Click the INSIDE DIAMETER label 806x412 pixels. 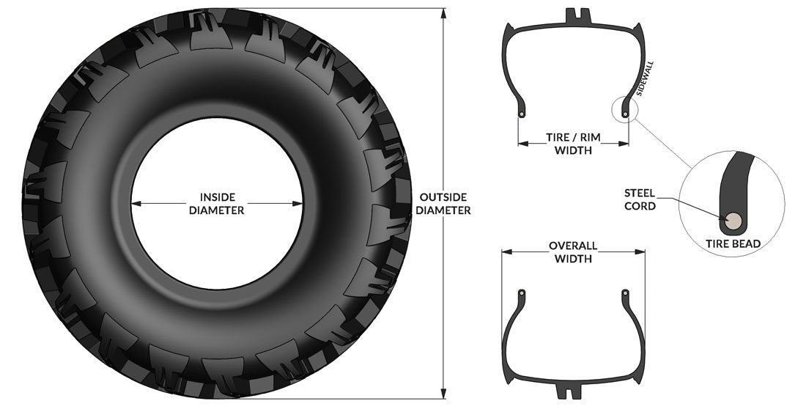[216, 204]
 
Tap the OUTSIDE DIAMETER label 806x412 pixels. [443, 204]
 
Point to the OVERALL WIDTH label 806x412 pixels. [573, 252]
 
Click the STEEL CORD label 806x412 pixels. [640, 199]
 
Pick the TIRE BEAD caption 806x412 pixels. [732, 243]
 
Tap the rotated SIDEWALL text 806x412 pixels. [646, 78]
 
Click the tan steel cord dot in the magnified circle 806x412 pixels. [733, 219]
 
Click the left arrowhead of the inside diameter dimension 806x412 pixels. [136, 204]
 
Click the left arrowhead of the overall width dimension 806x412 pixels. [505, 252]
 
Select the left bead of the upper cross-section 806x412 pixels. [520, 114]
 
